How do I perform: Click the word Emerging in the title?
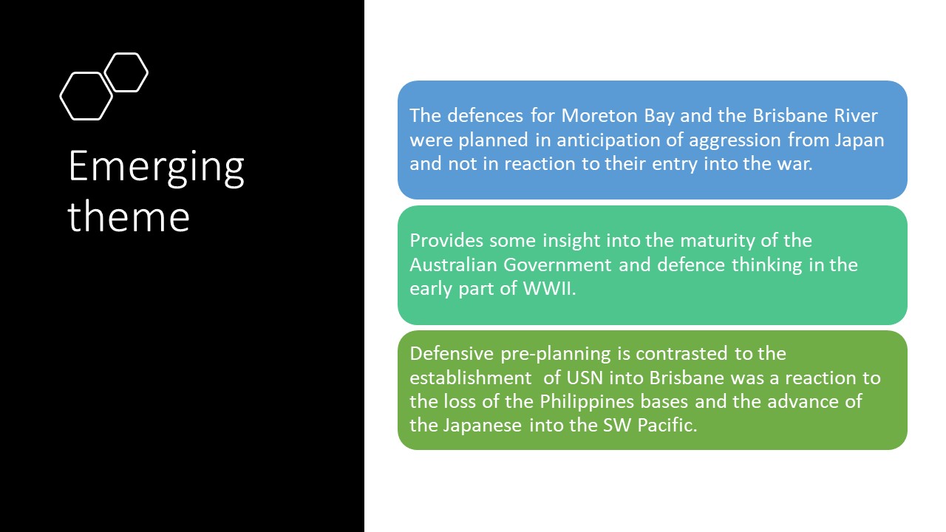[x=156, y=167]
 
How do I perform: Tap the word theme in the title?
[x=129, y=216]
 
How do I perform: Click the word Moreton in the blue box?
[x=599, y=116]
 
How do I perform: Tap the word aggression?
[x=735, y=140]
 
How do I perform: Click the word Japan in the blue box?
[x=860, y=140]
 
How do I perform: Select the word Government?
[x=557, y=265]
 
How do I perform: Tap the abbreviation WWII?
[x=549, y=289]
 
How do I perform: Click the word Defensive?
[x=452, y=353]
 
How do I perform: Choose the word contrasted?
[x=681, y=353]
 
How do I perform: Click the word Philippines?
[x=587, y=402]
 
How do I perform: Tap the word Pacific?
[x=667, y=425]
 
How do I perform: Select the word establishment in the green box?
[x=471, y=378]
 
